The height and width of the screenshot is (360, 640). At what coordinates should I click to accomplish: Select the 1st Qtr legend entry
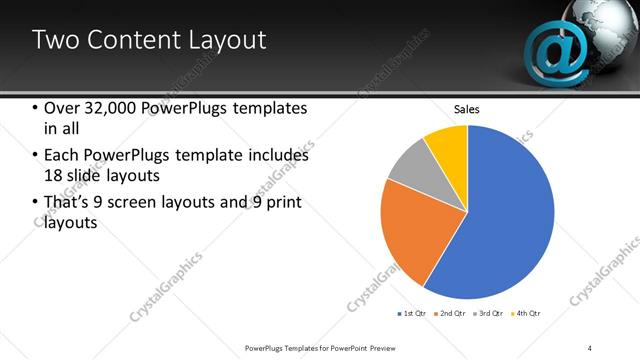pos(412,314)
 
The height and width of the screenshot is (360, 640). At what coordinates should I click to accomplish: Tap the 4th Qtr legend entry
pos(529,314)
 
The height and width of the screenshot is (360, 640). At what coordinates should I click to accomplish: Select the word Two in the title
pos(52,41)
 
